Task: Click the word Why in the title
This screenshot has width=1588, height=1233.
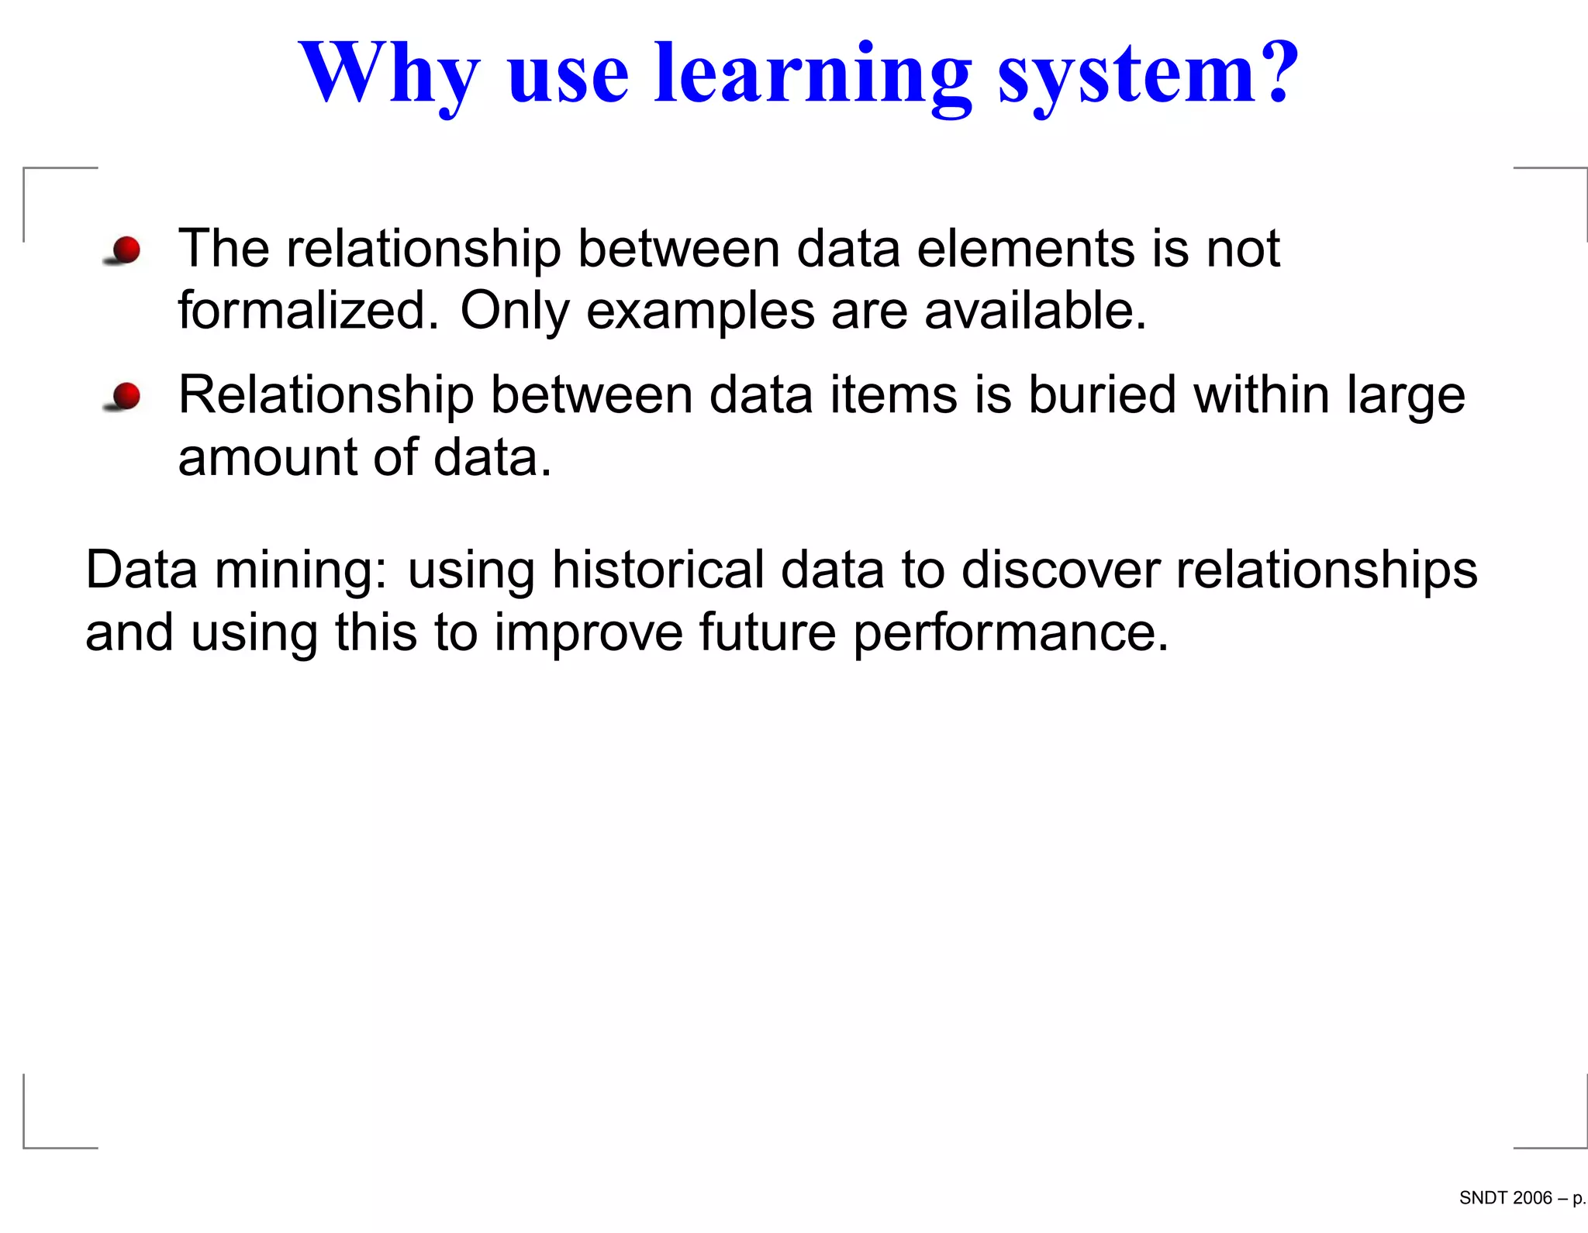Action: click(x=389, y=74)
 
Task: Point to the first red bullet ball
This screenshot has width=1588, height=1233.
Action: click(x=126, y=250)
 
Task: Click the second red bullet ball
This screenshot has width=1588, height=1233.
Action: click(x=126, y=395)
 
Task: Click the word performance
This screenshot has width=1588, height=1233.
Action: click(x=1010, y=633)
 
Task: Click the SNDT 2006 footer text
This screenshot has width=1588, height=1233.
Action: click(x=1505, y=1198)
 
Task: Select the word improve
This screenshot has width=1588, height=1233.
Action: click(x=589, y=633)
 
